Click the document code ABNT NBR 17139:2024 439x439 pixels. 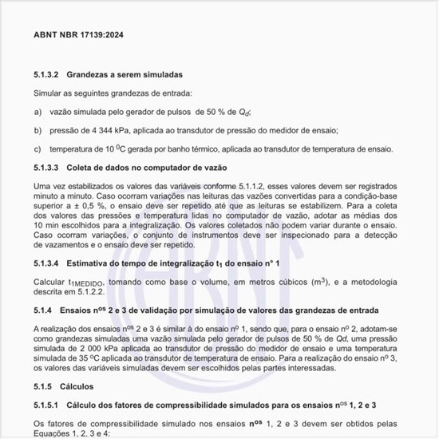(x=78, y=36)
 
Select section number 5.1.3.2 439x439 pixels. (x=47, y=74)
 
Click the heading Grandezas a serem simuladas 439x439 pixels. (x=125, y=74)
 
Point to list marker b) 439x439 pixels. (x=38, y=130)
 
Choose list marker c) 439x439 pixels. (x=38, y=148)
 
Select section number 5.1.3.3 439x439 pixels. (x=47, y=168)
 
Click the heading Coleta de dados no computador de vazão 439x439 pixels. (x=147, y=168)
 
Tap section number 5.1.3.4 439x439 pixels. (x=47, y=263)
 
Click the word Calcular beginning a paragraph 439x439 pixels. (x=49, y=282)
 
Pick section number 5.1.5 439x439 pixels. (x=43, y=386)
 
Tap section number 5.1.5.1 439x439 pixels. (x=47, y=405)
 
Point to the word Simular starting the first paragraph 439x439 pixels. (x=48, y=93)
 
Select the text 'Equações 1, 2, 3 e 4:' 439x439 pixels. (x=71, y=433)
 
